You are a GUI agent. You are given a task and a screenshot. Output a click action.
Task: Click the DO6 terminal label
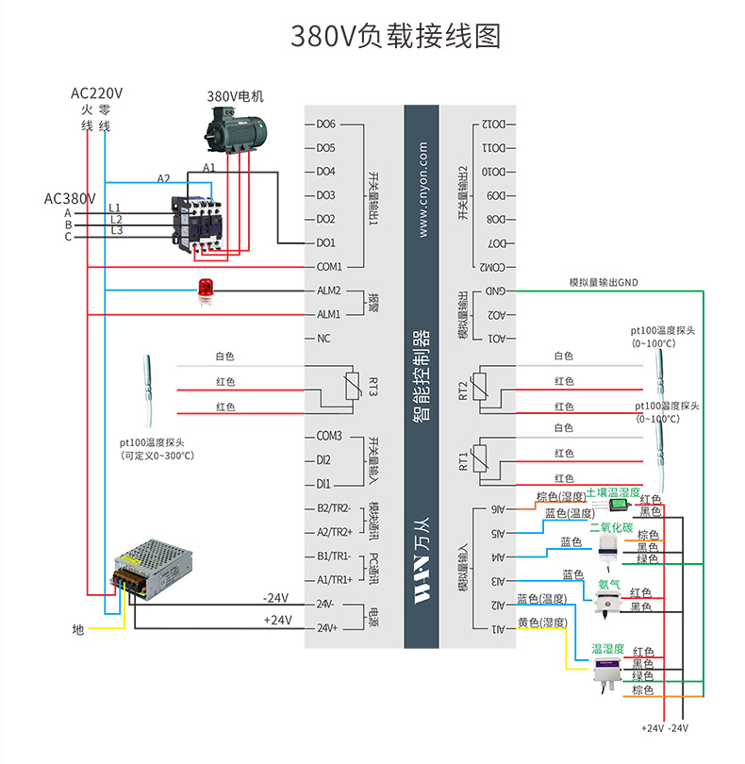tap(326, 124)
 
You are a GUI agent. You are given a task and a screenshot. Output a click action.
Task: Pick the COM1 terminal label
tap(329, 267)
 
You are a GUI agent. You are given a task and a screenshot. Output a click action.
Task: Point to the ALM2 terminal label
tap(328, 291)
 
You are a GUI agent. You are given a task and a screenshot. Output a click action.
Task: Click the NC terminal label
tap(323, 338)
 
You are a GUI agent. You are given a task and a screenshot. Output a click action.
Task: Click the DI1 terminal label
tap(323, 484)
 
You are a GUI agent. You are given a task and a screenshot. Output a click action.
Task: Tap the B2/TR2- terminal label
tap(334, 508)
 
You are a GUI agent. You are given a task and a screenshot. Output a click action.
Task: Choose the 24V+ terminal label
tap(326, 628)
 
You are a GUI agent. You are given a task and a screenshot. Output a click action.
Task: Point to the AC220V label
tap(97, 93)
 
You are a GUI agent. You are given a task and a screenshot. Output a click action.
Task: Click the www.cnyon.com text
tap(422, 190)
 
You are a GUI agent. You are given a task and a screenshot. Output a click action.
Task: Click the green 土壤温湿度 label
tap(612, 493)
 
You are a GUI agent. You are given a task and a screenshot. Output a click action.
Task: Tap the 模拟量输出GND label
tap(604, 282)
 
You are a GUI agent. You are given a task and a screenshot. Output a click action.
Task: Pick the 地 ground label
tap(78, 628)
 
